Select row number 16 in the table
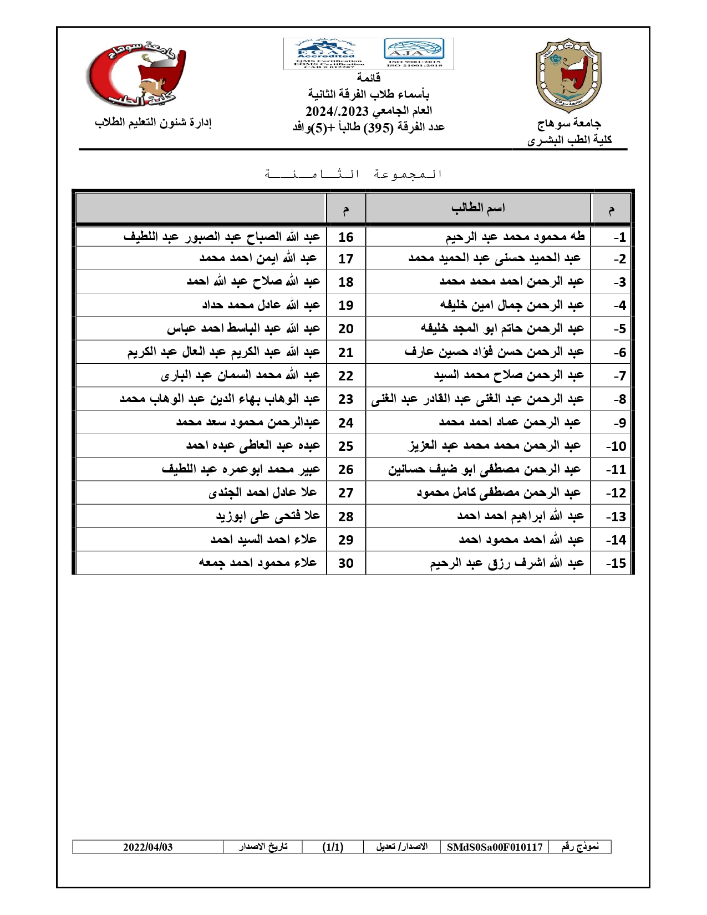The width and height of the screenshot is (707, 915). pos(346,237)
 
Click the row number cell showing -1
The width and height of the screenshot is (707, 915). pos(619,237)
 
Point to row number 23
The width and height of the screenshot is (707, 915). pos(346,399)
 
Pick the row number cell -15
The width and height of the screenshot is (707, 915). pos(616,563)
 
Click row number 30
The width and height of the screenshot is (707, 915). pos(346,563)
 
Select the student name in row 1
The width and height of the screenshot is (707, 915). pos(515,237)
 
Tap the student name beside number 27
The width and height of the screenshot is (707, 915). pos(263,492)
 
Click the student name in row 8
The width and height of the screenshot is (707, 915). pos(477,399)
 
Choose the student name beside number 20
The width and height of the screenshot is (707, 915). pos(243,328)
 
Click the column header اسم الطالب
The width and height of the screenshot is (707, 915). pos(478,208)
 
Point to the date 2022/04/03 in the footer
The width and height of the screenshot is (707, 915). pos(148,847)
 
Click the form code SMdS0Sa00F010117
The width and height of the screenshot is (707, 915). pos(495,847)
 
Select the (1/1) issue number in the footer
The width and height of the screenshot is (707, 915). pos(333,847)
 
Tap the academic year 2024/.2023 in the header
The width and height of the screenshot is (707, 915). pos(337,111)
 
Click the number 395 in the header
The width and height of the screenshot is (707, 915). pos(378,127)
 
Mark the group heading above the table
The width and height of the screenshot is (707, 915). pos(353,174)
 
